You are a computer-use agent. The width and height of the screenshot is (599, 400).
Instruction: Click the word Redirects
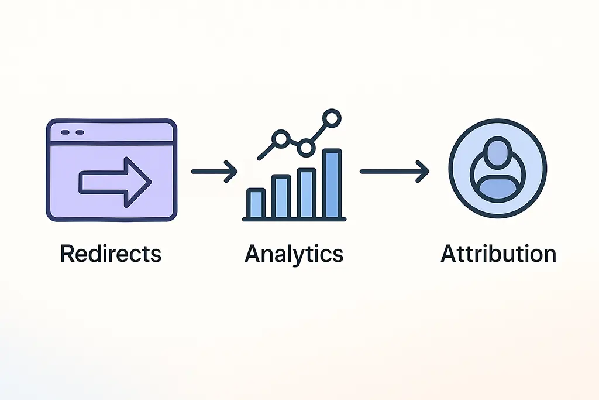pos(111,254)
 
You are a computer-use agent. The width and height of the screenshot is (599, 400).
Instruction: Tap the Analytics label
pos(294,254)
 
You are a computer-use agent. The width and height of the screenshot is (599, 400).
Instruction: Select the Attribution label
pos(498,254)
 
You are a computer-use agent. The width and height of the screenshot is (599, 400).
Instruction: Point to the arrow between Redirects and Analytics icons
pos(214,172)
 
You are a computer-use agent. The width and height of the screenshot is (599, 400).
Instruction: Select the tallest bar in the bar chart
pos(332,183)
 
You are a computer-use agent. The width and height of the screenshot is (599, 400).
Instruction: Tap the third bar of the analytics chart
pos(307,193)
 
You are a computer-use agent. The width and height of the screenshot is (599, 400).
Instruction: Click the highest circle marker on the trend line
pos(332,118)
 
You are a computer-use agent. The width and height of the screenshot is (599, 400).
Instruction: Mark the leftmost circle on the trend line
pos(281,139)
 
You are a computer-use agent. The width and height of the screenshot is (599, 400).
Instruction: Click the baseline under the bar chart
pos(294,219)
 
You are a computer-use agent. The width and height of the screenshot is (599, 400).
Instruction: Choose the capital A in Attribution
pos(448,254)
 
